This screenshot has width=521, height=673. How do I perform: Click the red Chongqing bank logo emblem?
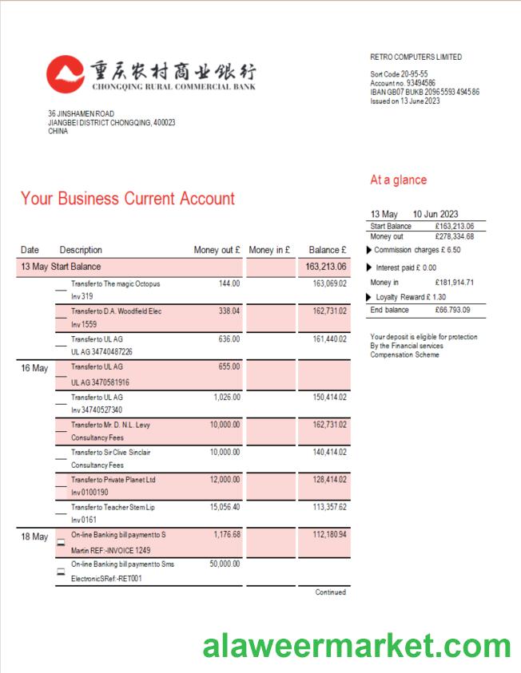pos(65,74)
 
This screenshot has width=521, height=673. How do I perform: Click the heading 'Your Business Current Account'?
pos(128,199)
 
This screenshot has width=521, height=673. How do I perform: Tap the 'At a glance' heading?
pos(398,180)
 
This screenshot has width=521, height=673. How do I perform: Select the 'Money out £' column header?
pos(217,250)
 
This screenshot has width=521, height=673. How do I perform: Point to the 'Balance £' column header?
pos(327,250)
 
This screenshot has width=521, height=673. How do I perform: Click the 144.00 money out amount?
pos(229,283)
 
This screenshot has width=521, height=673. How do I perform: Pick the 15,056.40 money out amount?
pos(225,507)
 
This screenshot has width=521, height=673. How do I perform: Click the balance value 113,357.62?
pos(329,507)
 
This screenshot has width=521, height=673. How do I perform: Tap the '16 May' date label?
pos(34,369)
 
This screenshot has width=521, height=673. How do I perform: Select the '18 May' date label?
pos(34,537)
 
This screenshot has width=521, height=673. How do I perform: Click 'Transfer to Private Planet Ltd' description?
pos(113,480)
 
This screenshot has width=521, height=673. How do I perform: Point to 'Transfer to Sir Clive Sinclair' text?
pos(111,452)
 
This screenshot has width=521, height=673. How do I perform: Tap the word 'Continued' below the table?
pos(330,592)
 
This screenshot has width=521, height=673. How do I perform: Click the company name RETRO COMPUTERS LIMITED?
pos(416,57)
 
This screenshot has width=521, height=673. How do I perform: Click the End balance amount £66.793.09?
pos(453,310)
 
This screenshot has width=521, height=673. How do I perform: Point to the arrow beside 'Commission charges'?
pos(368,250)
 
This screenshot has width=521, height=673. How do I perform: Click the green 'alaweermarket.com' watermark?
pos(356,645)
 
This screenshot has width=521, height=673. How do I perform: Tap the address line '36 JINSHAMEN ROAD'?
pos(81,114)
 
